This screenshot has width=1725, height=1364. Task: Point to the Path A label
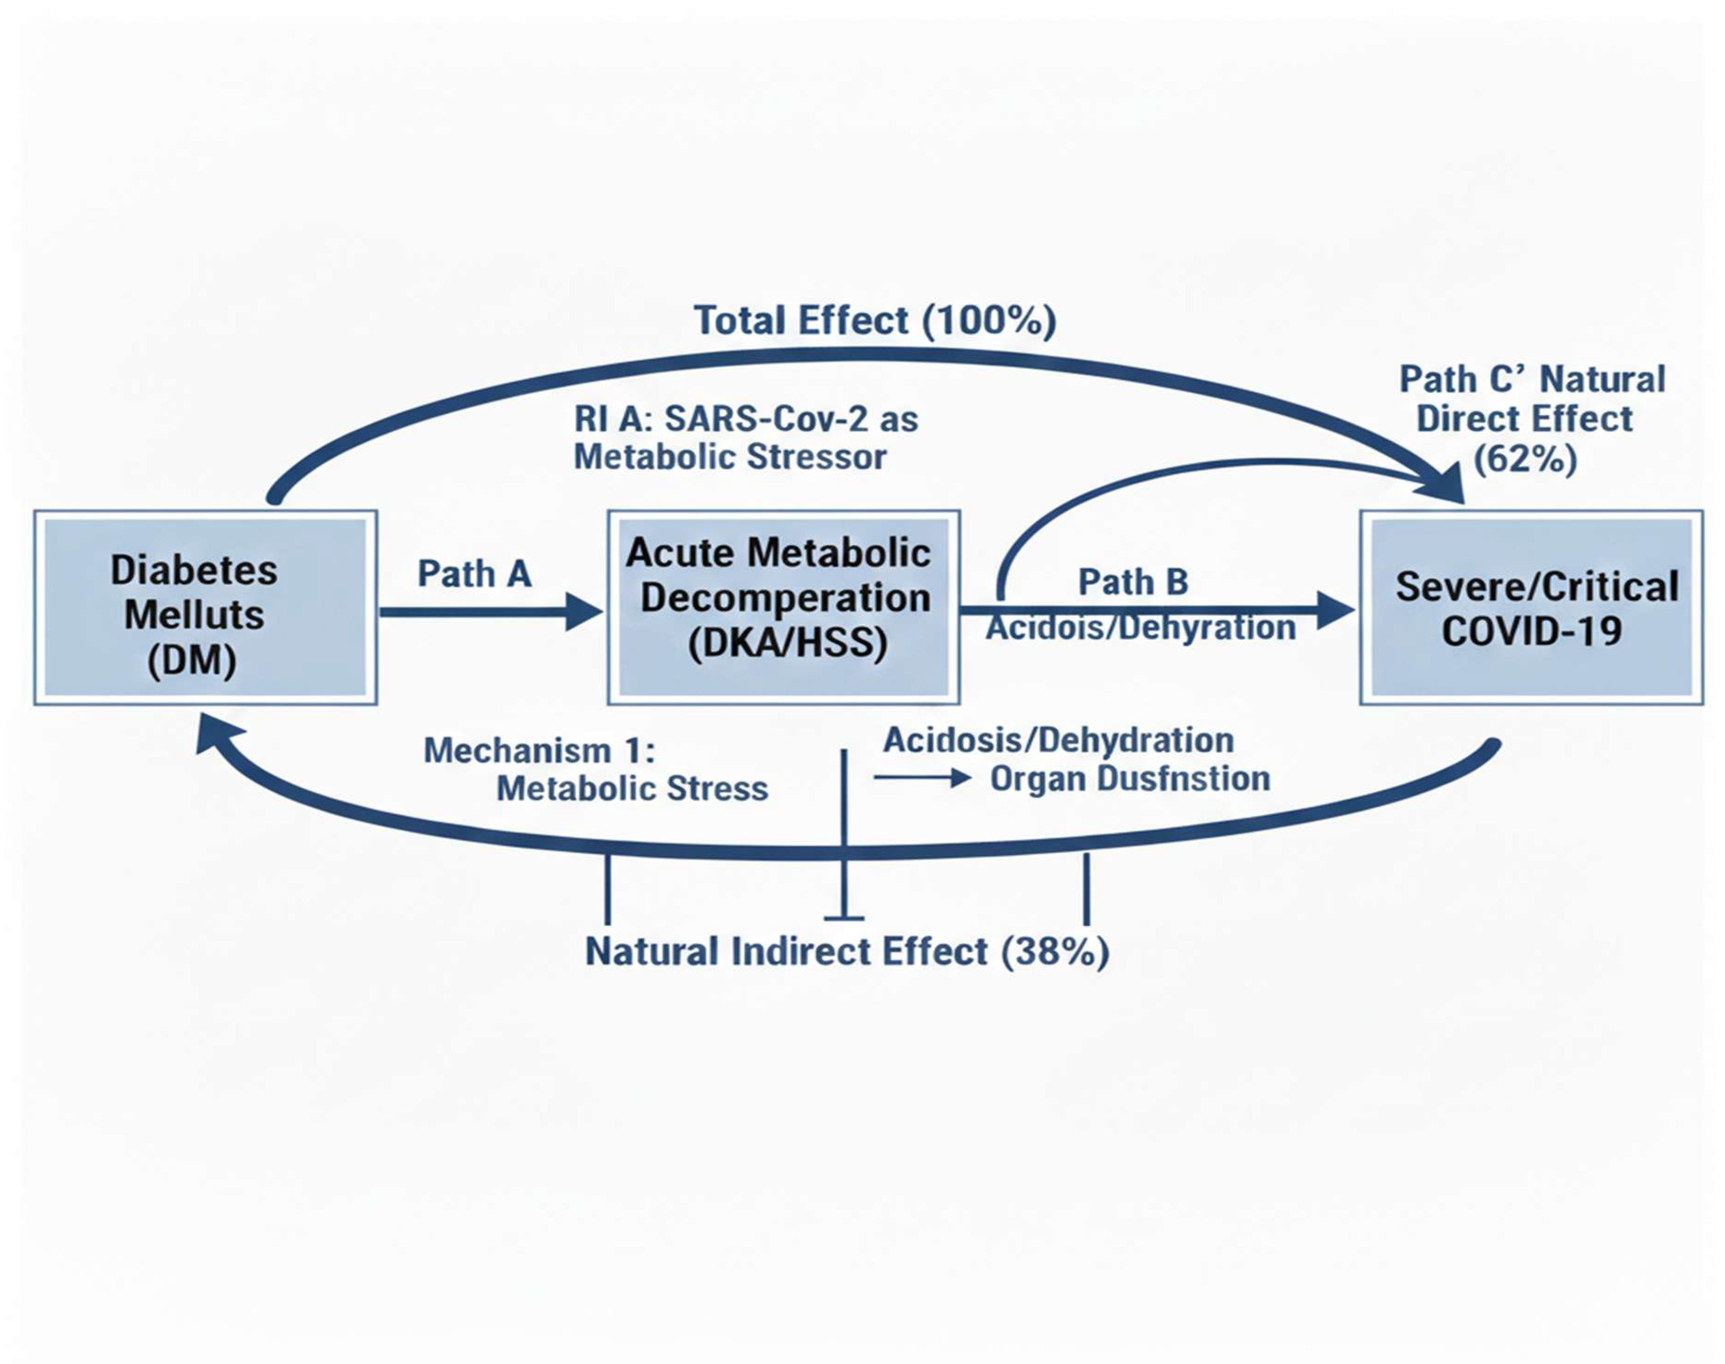coord(474,573)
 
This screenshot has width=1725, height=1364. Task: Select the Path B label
coord(1133,582)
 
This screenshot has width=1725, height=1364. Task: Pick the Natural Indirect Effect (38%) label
coord(847,952)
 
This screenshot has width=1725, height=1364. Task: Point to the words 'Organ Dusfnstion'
coord(1129,779)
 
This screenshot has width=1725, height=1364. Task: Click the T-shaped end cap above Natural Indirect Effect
coord(844,918)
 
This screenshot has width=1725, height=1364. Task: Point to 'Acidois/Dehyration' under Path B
coord(1140,627)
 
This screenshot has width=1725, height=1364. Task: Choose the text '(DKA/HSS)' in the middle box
coord(787,643)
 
